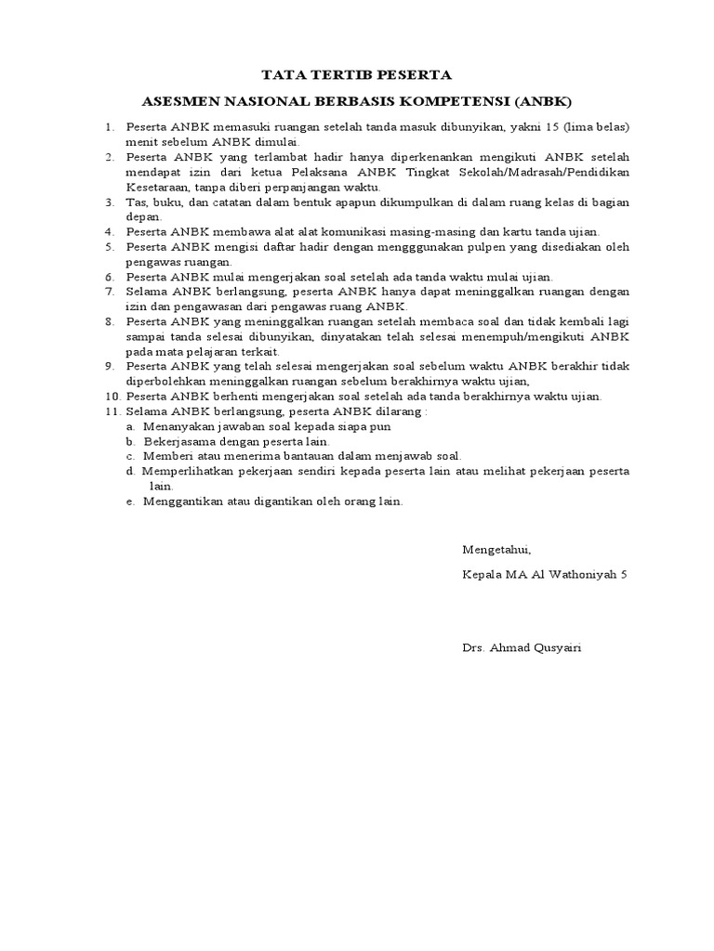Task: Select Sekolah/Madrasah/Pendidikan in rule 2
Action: coord(552,173)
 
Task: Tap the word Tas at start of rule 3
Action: coord(136,202)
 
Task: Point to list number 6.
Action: coord(109,277)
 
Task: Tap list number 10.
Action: coord(112,396)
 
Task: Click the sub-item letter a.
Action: coord(133,426)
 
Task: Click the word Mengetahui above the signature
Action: coord(496,550)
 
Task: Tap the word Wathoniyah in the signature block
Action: coord(582,575)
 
